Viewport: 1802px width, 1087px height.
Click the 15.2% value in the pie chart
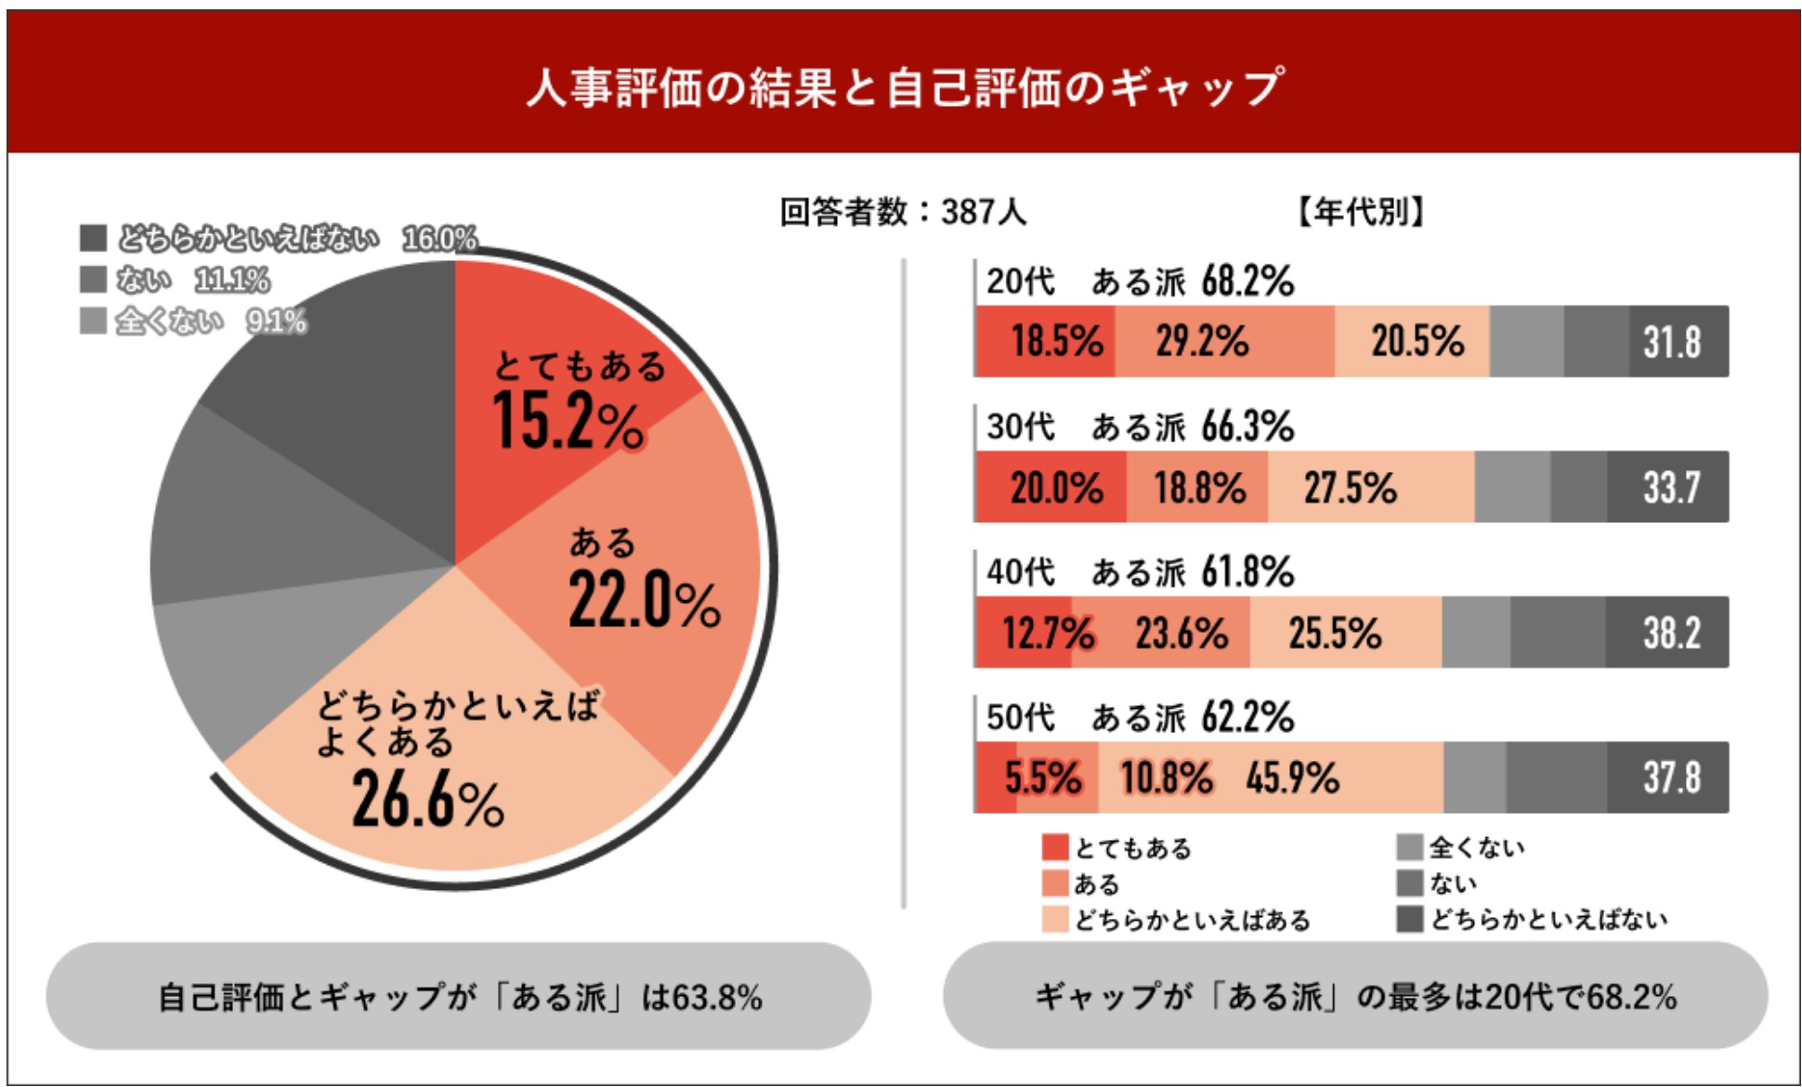point(568,423)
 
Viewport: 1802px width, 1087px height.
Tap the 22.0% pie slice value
point(644,601)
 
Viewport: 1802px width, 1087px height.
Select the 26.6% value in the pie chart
point(427,801)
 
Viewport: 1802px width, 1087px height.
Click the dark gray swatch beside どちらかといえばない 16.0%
point(93,238)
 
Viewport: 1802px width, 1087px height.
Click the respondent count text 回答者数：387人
point(902,213)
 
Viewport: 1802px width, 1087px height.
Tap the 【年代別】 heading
point(1360,213)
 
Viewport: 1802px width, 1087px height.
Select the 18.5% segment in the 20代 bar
point(1056,342)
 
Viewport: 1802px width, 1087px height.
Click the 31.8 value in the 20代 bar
point(1672,342)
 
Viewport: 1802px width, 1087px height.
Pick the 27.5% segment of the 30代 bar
point(1350,488)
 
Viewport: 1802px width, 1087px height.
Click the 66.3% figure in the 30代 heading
point(1247,427)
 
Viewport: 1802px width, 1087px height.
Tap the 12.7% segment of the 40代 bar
point(1047,634)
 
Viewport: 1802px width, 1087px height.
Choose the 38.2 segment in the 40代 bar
point(1672,634)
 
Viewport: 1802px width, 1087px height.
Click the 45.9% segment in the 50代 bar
point(1292,779)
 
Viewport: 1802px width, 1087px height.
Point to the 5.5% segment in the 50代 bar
point(1042,779)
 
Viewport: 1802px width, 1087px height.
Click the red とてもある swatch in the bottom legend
point(1054,847)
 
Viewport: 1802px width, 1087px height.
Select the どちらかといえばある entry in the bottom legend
point(1192,920)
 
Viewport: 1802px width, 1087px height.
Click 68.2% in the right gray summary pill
point(1631,998)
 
